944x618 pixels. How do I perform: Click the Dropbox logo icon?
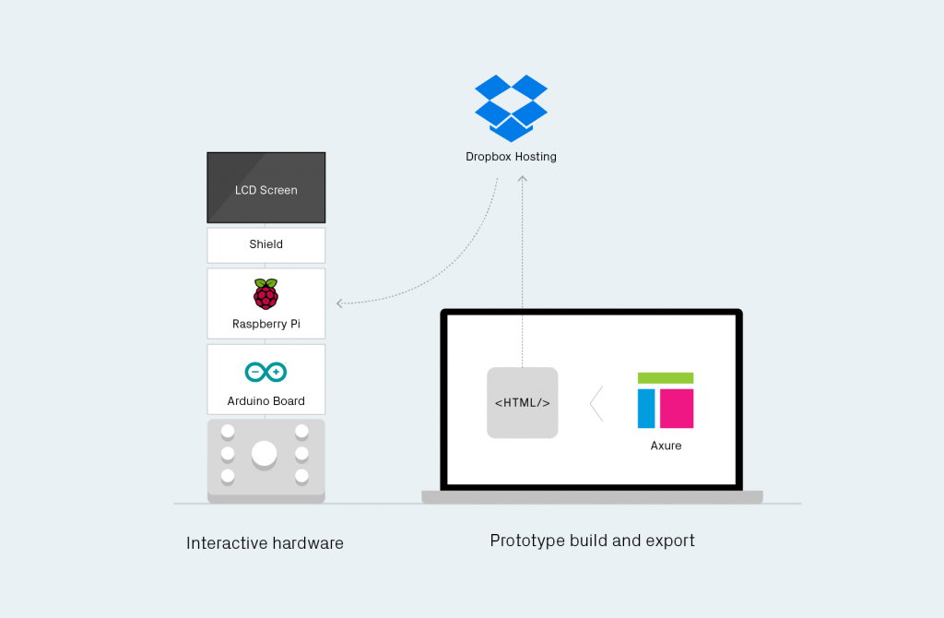pos(511,109)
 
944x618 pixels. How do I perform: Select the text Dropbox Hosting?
pos(511,157)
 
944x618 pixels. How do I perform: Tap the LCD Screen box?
pos(266,187)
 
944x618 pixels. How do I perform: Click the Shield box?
pos(266,245)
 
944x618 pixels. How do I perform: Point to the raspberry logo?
pos(265,294)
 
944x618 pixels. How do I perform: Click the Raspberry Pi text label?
pos(266,324)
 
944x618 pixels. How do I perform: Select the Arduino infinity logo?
pos(265,372)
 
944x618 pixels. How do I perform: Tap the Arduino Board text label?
pos(266,401)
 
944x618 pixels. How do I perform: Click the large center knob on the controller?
pos(265,454)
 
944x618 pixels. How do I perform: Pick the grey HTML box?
pos(523,402)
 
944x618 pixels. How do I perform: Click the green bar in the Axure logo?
pos(666,378)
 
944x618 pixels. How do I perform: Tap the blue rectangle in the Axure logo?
pos(646,409)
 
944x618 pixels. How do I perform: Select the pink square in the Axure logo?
pos(677,409)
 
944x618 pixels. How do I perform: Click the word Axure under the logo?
pos(666,446)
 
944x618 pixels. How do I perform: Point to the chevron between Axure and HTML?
pos(596,404)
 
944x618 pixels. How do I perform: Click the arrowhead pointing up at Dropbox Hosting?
pos(523,178)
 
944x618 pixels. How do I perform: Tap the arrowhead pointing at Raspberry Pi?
pos(339,303)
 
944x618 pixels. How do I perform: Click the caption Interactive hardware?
pos(265,543)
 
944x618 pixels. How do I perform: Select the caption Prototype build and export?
pos(593,541)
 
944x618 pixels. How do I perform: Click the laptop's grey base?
pos(593,497)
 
